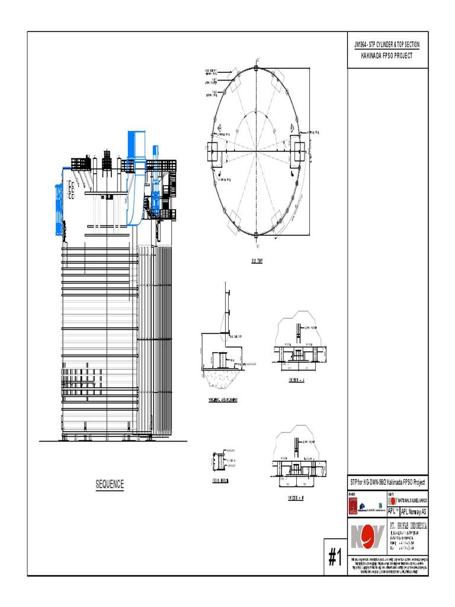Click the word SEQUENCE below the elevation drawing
(110, 484)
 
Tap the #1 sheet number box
(335, 557)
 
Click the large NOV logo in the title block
(367, 536)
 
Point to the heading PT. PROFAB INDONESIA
(408, 525)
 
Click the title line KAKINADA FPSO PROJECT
(386, 55)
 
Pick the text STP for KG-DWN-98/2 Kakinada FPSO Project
(387, 483)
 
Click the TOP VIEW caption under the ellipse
(256, 260)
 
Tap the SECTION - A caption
(296, 379)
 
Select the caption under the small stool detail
(220, 481)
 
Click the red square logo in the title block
(354, 505)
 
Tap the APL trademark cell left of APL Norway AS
(393, 512)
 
